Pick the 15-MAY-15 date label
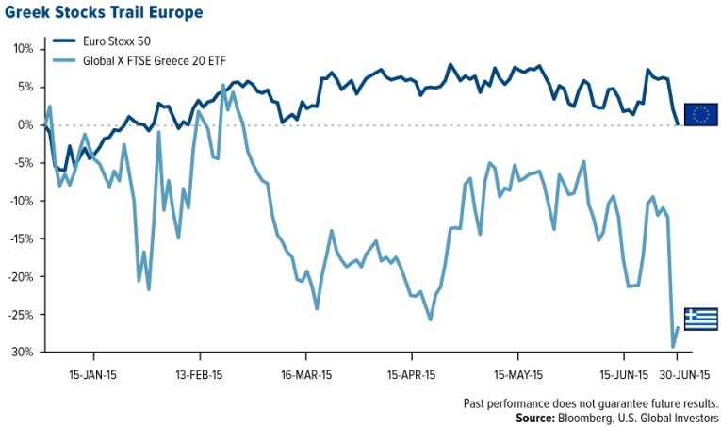coord(518,373)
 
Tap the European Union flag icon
coord(700,114)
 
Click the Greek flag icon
coord(700,319)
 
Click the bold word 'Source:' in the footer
coord(534,416)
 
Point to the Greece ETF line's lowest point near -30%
coord(673,348)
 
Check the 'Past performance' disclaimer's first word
coord(477,402)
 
